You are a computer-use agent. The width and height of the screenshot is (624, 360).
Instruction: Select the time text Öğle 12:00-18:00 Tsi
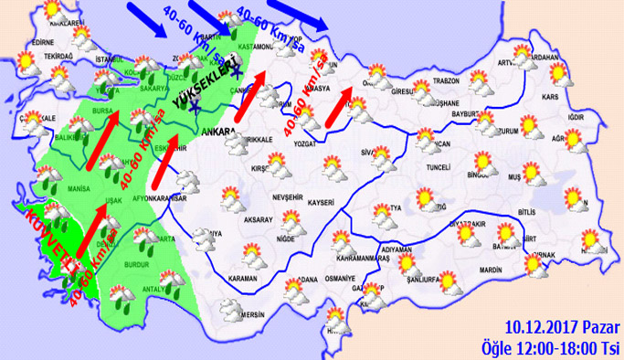553,346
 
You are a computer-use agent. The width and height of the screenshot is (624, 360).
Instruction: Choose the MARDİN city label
491,270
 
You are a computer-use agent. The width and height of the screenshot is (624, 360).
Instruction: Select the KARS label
550,96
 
